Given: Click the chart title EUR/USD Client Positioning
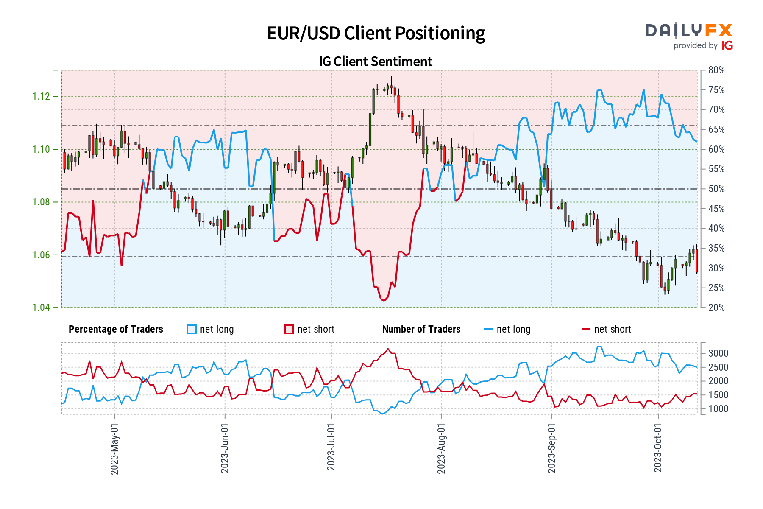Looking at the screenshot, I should (376, 34).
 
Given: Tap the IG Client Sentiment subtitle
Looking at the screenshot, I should (376, 62).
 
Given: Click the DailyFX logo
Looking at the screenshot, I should (689, 36).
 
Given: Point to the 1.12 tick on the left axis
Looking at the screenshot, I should (41, 97).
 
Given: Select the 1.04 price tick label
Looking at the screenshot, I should (41, 308).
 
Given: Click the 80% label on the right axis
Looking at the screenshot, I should (716, 70).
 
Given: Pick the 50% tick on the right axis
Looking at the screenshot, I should (716, 189).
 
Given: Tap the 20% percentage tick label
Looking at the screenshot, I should (716, 308).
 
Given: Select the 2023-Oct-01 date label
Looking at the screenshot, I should (658, 448).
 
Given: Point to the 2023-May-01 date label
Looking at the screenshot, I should (114, 449).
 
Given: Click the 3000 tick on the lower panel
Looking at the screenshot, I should (718, 353).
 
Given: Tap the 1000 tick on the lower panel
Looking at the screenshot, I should (718, 409).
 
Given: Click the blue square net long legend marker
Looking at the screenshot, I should (192, 330).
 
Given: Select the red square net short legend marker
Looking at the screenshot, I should (289, 330).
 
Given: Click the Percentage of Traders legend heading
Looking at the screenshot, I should (116, 330).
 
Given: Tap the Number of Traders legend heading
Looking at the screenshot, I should (421, 330).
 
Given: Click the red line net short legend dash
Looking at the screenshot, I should (585, 330).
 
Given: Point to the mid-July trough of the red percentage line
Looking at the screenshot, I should (384, 300).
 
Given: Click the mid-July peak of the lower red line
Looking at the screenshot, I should (388, 349).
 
